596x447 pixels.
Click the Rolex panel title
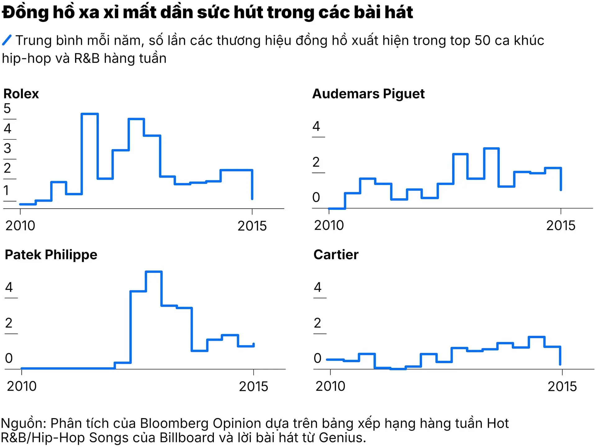(x=21, y=94)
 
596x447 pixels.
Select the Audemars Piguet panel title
(x=368, y=94)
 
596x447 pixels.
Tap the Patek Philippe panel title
(x=51, y=255)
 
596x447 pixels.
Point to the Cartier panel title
(x=336, y=255)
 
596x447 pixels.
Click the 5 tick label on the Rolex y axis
(x=7, y=108)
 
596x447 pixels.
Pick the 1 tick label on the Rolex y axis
(x=6, y=190)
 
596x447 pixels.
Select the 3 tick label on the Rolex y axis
(x=7, y=148)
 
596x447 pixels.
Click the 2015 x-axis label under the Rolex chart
(x=252, y=226)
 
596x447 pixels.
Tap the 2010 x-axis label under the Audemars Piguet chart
(x=329, y=225)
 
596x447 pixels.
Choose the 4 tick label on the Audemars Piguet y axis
(x=316, y=126)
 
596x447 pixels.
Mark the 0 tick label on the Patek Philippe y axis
(x=9, y=358)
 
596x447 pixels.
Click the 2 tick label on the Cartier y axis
(x=317, y=323)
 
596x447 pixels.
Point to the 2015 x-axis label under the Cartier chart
(x=562, y=386)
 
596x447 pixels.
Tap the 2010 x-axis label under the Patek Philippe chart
(x=22, y=386)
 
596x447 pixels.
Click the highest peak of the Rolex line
(x=90, y=114)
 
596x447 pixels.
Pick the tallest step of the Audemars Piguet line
(x=491, y=148)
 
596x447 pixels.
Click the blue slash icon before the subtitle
(x=7, y=40)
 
